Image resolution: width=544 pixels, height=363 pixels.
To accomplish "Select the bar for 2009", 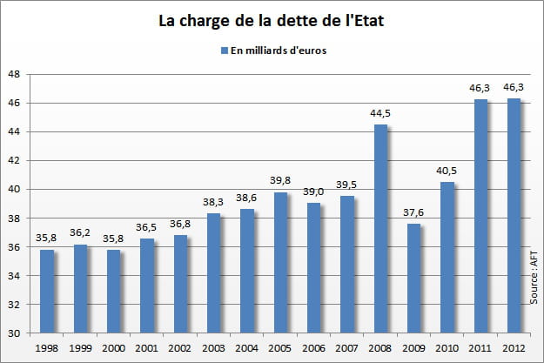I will pos(413,279).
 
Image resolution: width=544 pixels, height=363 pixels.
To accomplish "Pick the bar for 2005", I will pos(280,263).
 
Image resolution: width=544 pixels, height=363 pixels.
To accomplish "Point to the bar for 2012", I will pos(514,216).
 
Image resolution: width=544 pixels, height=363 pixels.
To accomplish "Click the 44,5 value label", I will pos(380,116).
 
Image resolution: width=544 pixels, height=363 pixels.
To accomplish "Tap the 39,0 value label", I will pos(313,195).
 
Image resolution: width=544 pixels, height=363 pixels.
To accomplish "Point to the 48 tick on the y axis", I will pos(15,74).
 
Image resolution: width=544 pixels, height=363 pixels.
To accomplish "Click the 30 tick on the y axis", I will pos(15,333).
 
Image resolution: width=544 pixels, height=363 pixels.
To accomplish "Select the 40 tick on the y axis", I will pos(15,190).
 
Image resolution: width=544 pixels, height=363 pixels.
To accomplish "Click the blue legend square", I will pos(225,50).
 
